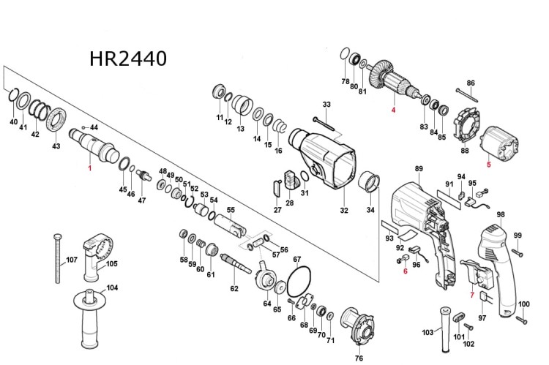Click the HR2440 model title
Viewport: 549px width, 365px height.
(128, 59)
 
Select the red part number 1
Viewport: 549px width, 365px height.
(90, 168)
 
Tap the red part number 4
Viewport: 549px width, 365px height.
(392, 110)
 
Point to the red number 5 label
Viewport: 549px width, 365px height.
(489, 165)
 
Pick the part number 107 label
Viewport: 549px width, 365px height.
(72, 260)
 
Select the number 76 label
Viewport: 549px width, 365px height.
(359, 358)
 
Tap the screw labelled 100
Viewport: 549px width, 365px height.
(522, 318)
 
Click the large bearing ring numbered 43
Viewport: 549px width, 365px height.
(56, 119)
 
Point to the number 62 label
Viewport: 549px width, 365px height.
(234, 289)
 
